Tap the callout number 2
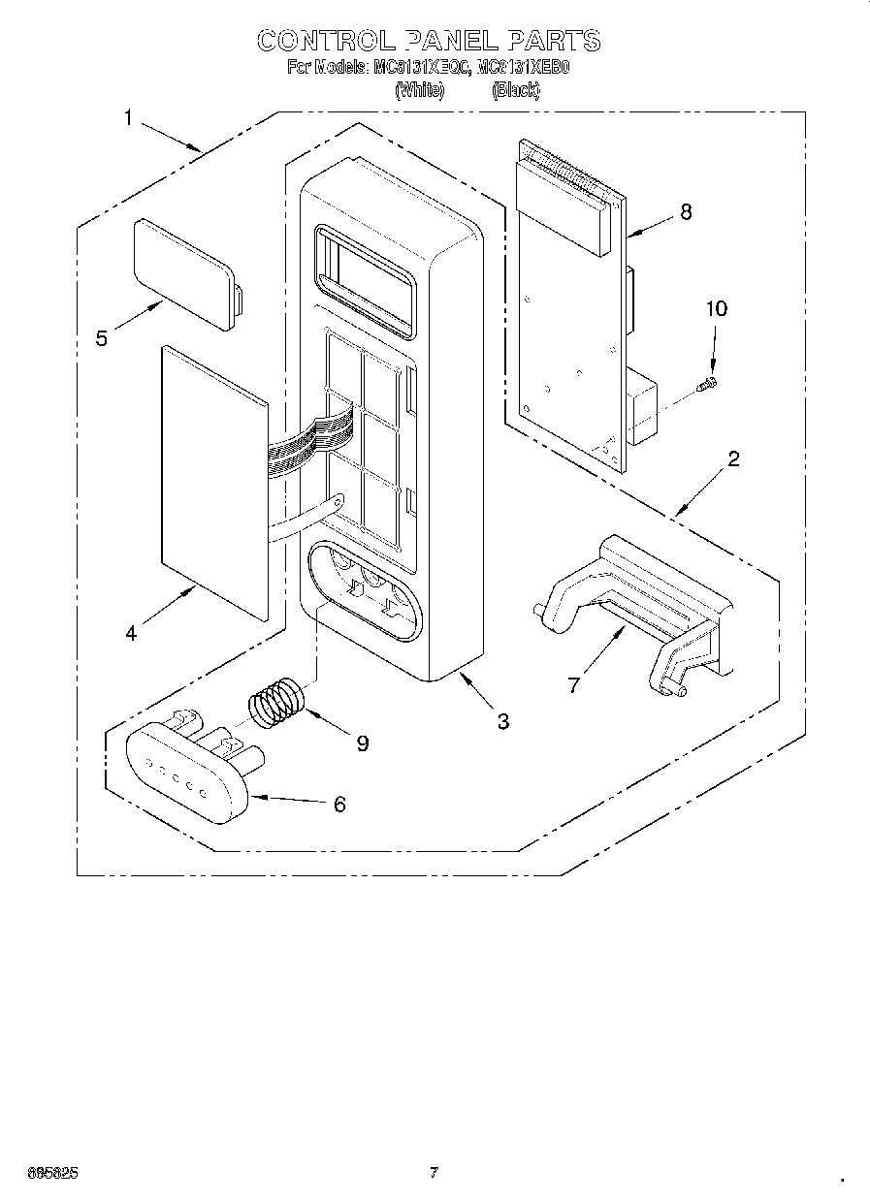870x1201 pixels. (x=733, y=458)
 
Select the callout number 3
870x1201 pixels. (x=503, y=720)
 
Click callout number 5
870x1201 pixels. (x=102, y=338)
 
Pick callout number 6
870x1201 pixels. (x=338, y=804)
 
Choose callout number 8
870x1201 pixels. (x=686, y=212)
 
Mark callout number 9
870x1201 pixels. (x=362, y=743)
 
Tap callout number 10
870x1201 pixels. (x=716, y=309)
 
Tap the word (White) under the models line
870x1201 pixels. (x=420, y=90)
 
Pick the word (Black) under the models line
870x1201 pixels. (x=515, y=90)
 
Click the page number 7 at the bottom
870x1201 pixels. (x=434, y=1174)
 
